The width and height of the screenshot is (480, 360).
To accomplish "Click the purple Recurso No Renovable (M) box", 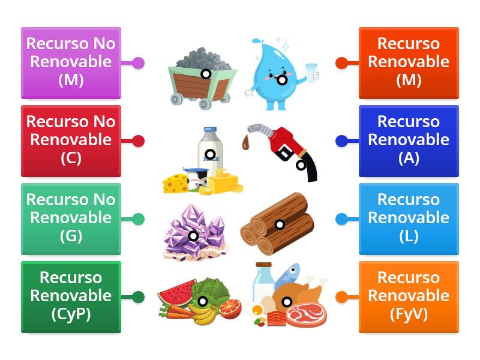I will tap(71, 62).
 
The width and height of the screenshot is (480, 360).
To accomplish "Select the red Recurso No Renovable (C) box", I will tap(71, 140).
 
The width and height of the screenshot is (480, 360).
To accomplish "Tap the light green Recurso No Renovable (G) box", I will tap(71, 218).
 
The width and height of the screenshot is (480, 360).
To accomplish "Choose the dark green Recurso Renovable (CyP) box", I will tap(71, 296).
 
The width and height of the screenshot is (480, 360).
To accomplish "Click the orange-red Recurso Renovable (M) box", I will tap(408, 62).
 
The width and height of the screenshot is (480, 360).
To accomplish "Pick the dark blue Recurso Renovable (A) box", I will tap(408, 140).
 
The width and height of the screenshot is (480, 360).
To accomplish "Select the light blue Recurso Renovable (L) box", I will tap(408, 218).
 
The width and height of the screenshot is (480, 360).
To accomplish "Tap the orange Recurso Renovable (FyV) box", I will tap(408, 296).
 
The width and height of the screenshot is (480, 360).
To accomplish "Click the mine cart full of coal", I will tap(201, 78).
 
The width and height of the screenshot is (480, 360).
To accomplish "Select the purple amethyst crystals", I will tap(195, 231).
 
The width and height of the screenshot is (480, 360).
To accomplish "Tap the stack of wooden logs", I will tap(277, 225).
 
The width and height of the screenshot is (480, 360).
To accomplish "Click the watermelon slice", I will tap(178, 292).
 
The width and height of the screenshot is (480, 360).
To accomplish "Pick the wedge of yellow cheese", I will tap(175, 182).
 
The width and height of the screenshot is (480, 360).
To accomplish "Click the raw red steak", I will tap(306, 313).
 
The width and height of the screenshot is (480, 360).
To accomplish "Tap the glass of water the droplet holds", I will tap(311, 73).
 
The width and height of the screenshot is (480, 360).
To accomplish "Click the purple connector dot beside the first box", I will tap(138, 63).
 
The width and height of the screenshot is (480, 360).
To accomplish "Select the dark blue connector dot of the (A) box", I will tap(341, 141).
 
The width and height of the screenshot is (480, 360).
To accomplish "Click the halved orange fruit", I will tap(229, 308).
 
